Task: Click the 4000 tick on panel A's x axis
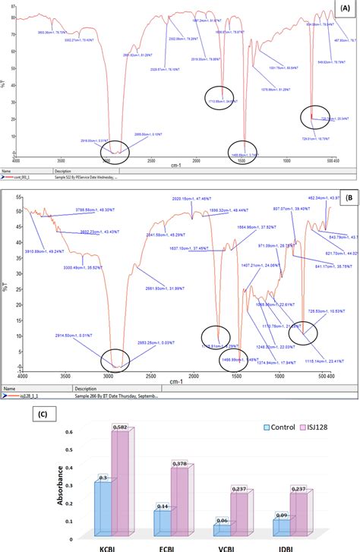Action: click(21, 161)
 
